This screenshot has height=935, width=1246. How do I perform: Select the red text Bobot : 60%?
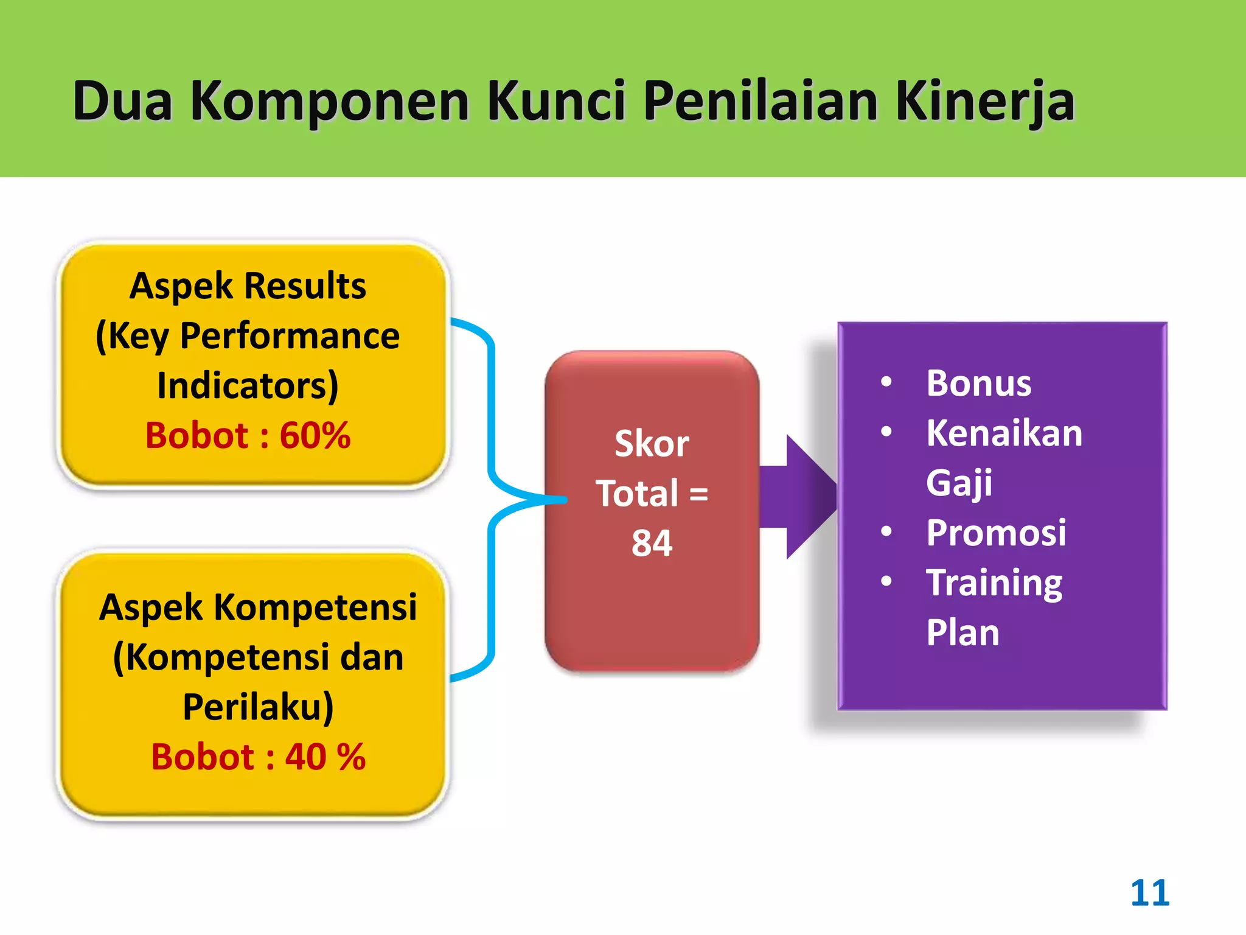click(x=248, y=436)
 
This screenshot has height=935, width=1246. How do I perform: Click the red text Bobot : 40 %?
click(x=258, y=757)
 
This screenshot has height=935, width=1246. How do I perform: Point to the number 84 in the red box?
click(x=652, y=543)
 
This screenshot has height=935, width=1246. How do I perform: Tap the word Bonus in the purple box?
click(x=978, y=383)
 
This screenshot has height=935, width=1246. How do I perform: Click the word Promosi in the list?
click(x=996, y=533)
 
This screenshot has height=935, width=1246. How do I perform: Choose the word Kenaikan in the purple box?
click(x=1004, y=433)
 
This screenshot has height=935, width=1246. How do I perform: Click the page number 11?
click(x=1149, y=893)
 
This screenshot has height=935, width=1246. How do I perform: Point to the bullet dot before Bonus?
click(x=886, y=382)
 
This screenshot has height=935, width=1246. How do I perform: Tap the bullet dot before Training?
click(x=886, y=581)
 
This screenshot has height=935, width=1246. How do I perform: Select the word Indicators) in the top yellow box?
click(x=248, y=386)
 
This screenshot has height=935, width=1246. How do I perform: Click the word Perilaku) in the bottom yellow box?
click(x=258, y=707)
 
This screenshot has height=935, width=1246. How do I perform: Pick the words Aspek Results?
click(x=248, y=285)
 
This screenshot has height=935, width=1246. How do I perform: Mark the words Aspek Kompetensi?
click(x=258, y=608)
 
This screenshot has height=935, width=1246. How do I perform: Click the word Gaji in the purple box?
click(x=959, y=483)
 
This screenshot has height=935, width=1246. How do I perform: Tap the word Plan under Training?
click(x=962, y=632)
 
